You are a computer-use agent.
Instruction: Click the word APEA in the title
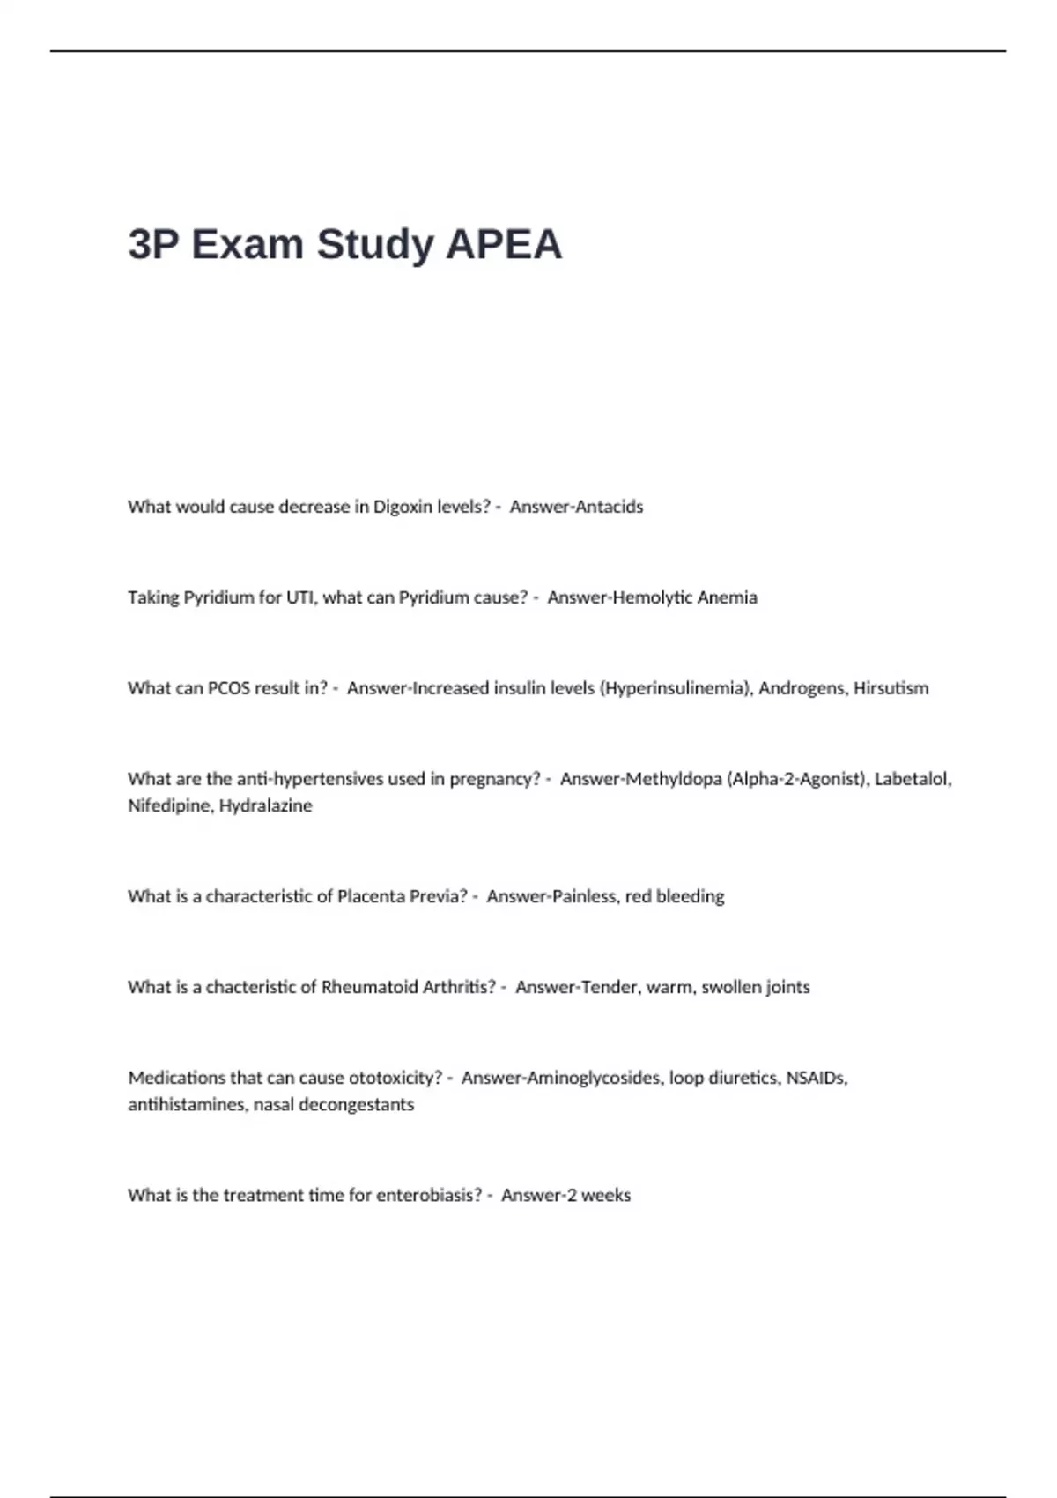pyautogui.click(x=504, y=244)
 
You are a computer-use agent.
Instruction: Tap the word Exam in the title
pyautogui.click(x=248, y=244)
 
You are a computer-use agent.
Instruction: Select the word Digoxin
pyautogui.click(x=403, y=507)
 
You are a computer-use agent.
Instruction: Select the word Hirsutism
pyautogui.click(x=891, y=688)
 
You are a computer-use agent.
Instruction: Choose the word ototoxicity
pyautogui.click(x=395, y=1078)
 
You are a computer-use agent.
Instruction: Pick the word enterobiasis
pyautogui.click(x=429, y=1195)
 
